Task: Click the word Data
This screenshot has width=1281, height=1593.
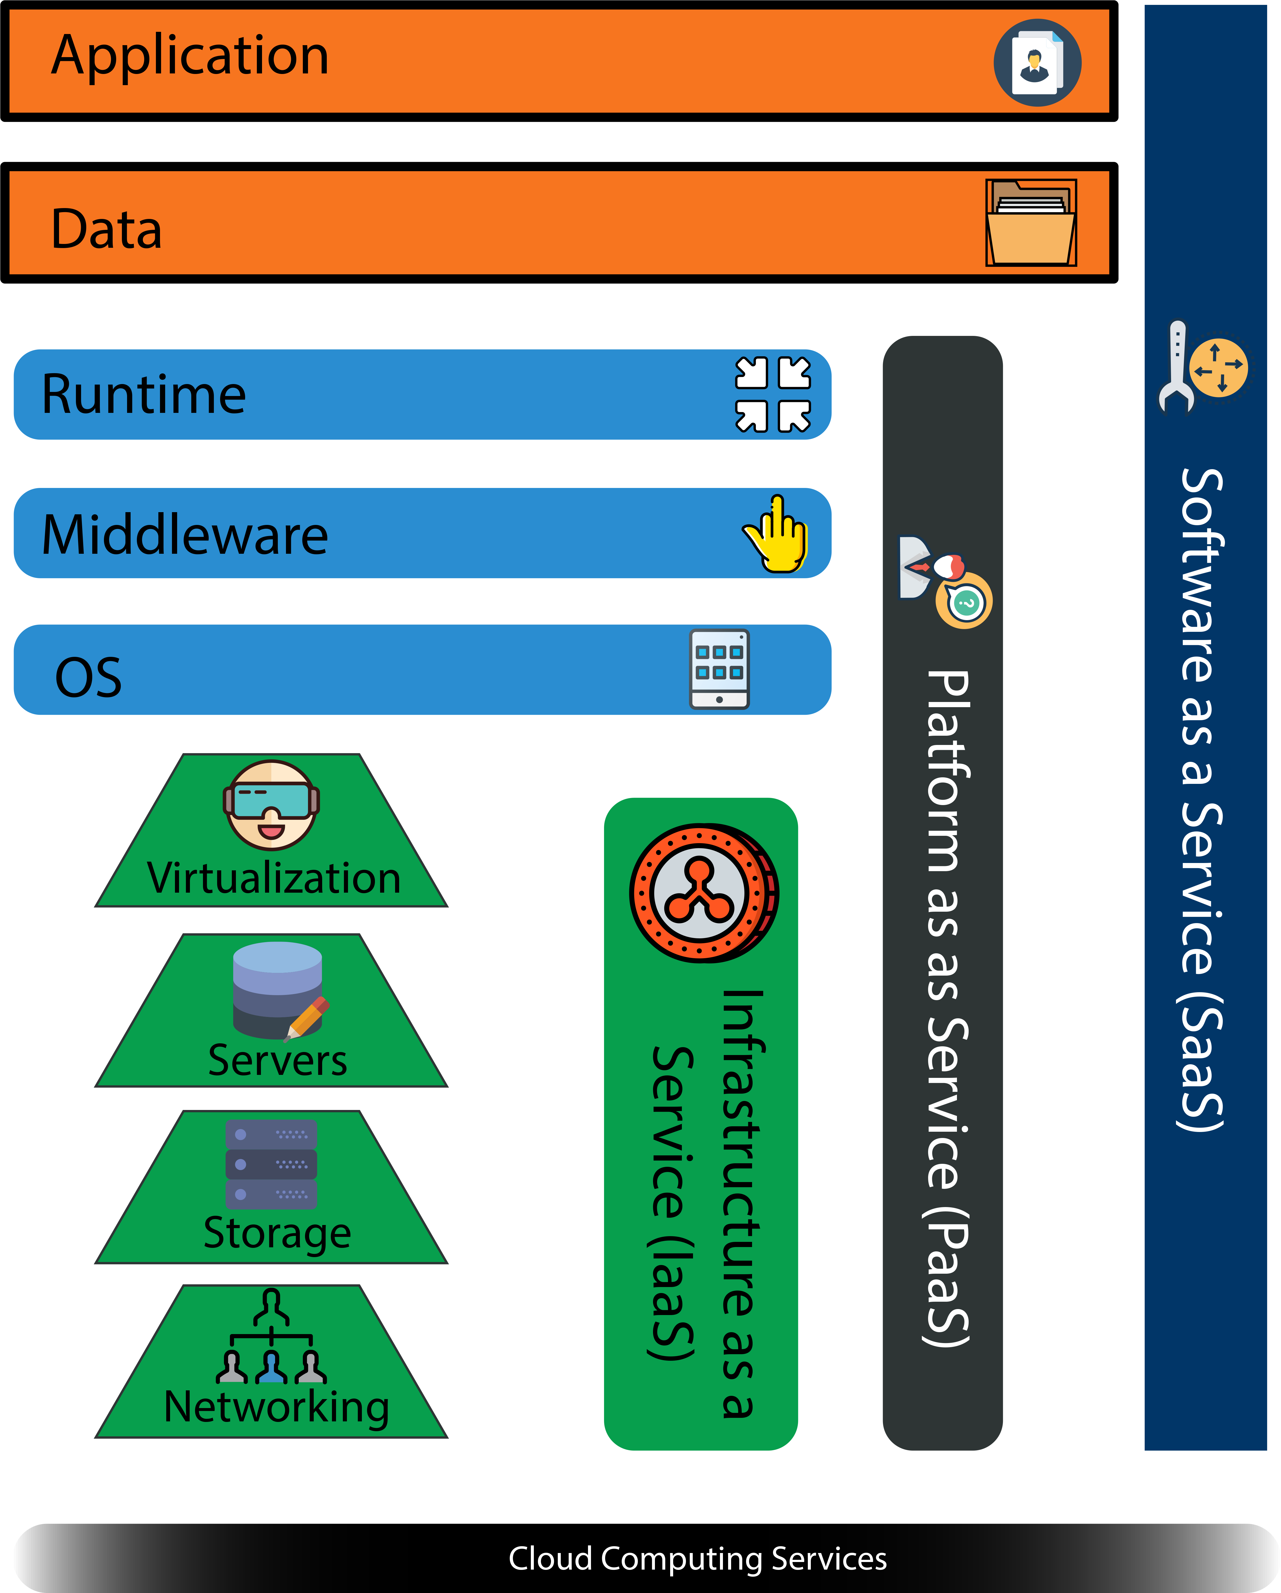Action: click(x=106, y=229)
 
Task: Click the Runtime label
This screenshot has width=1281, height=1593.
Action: click(x=143, y=395)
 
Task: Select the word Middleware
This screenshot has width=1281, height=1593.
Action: click(x=185, y=535)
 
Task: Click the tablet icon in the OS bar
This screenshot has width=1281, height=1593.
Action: click(x=719, y=669)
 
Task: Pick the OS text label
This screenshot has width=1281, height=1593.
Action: click(x=89, y=678)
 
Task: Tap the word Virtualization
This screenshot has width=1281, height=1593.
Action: click(x=273, y=879)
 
